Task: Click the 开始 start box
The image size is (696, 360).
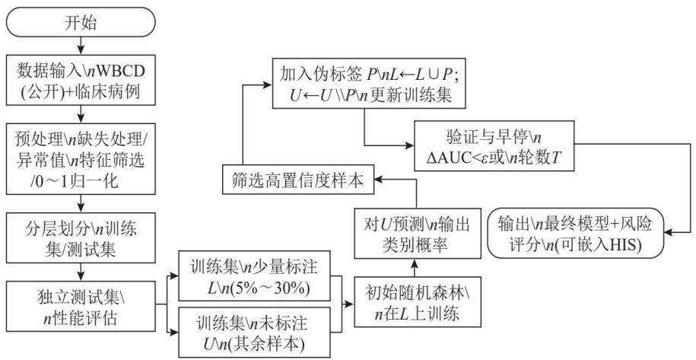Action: (x=81, y=22)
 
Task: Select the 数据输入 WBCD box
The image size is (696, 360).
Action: (x=81, y=81)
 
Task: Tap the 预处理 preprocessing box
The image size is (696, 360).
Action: (x=81, y=159)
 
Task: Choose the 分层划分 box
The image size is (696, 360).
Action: (x=81, y=239)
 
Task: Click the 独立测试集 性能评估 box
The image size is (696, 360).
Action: (x=81, y=306)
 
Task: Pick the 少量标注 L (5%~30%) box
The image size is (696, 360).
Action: (x=254, y=276)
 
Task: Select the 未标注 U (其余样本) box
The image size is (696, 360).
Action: (x=254, y=332)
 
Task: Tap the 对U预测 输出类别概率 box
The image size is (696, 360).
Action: (x=418, y=233)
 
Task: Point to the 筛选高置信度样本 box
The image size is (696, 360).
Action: (x=298, y=180)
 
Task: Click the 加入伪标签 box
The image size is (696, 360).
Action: (x=368, y=83)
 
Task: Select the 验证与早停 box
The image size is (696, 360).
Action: (x=494, y=145)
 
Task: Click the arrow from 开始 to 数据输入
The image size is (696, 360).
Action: (x=81, y=46)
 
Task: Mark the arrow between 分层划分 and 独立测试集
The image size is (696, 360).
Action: (x=81, y=272)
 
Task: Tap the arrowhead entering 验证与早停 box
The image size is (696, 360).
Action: (x=409, y=145)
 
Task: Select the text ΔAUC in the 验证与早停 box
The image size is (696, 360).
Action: (x=451, y=158)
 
